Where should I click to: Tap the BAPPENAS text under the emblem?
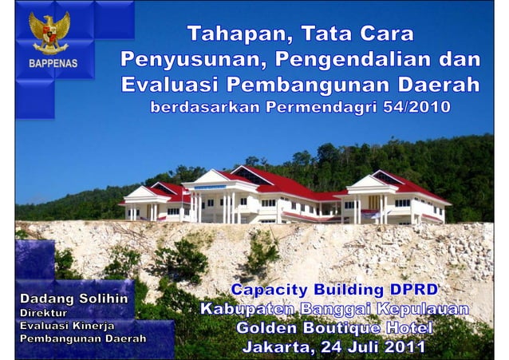(53, 64)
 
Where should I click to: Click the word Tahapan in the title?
(231, 34)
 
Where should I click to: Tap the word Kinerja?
(94, 326)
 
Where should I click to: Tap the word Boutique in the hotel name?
(336, 329)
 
